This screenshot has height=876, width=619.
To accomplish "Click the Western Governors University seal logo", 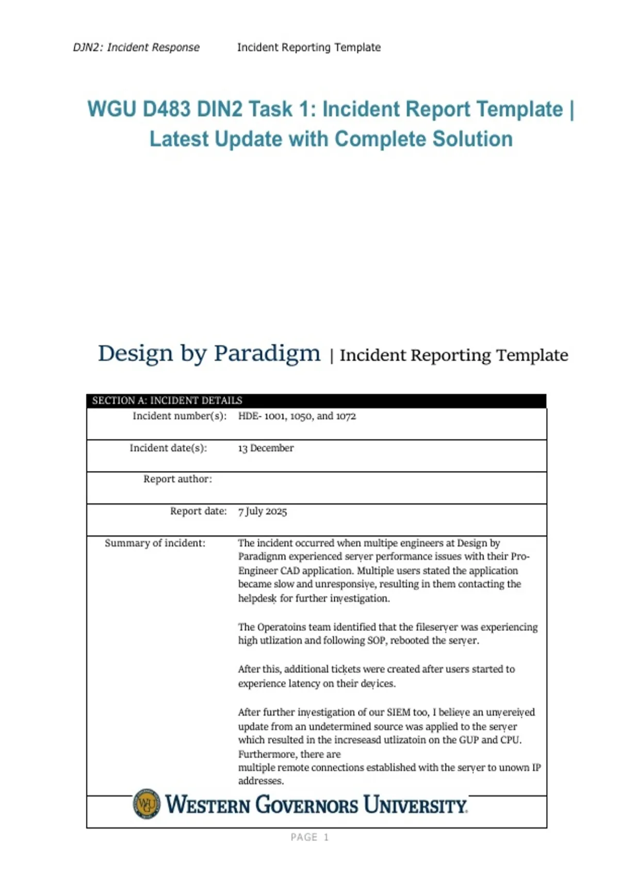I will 146,803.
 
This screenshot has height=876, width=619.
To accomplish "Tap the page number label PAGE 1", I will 309,837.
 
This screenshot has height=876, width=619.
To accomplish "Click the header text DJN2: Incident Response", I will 136,47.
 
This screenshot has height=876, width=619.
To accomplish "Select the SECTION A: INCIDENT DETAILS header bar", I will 316,400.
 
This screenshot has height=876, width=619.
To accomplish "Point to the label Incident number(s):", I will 180,416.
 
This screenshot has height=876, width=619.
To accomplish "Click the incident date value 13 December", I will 266,448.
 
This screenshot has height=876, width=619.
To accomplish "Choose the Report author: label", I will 177,479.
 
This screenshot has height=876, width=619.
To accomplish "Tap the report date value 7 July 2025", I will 262,511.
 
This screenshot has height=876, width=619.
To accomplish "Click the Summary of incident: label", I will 155,543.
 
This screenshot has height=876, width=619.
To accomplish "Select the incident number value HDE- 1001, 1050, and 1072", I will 297,416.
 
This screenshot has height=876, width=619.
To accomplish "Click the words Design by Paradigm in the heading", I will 209,353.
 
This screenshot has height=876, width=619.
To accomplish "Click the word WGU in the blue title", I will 111,109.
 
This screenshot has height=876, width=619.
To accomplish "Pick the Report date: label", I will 198,511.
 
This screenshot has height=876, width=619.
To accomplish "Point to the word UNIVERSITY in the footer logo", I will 415,805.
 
